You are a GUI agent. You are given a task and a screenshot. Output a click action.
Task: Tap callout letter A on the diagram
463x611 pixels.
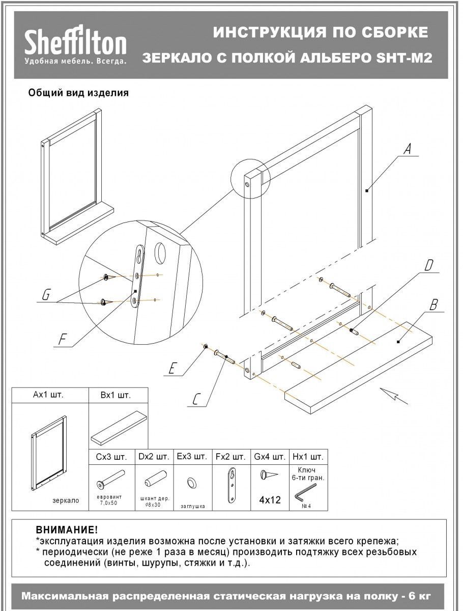[x=407, y=150]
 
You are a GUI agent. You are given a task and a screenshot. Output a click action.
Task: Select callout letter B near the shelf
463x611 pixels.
[x=433, y=305]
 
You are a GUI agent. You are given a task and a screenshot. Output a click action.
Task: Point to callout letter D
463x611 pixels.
[x=429, y=265]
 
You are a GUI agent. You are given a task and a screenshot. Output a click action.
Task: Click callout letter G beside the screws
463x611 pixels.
[x=46, y=295]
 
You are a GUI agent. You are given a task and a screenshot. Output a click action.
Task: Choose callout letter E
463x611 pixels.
[x=173, y=368]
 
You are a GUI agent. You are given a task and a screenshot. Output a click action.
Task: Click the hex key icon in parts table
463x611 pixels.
[x=306, y=493]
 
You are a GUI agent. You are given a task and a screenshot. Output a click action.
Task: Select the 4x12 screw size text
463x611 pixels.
[x=270, y=500]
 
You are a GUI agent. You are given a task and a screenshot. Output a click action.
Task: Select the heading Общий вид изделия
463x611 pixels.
[x=78, y=93]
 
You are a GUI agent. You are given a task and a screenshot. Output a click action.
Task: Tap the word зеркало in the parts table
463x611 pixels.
[x=66, y=501]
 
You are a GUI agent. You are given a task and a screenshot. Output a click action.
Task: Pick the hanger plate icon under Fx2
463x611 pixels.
[x=233, y=486]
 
